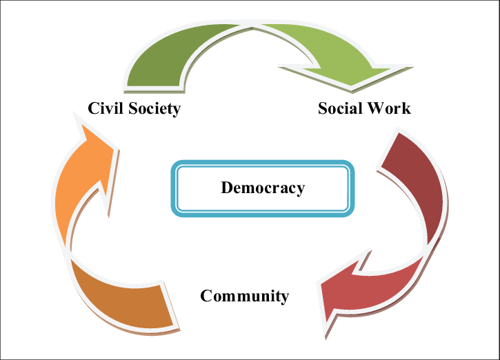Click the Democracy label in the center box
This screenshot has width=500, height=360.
tap(262, 188)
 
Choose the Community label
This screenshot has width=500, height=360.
tap(244, 296)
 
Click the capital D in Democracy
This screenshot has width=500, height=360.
tap(226, 188)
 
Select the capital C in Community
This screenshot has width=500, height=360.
tap(206, 296)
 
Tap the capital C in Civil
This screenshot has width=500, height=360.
tap(93, 108)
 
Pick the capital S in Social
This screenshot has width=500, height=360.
tap(322, 108)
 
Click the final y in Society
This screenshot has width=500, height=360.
tap(177, 110)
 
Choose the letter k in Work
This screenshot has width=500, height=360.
tap(406, 108)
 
